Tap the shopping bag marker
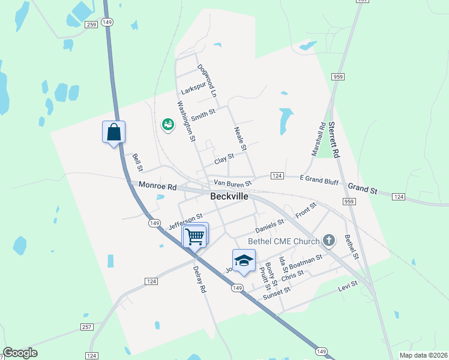click(114, 132)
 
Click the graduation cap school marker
click(243, 261)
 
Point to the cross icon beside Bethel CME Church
click(328, 241)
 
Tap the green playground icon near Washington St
click(167, 124)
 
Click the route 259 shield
click(91, 25)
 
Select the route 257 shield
click(87, 326)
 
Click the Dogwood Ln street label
click(206, 81)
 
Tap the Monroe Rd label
click(158, 187)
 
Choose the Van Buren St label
click(232, 182)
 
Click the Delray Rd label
click(199, 280)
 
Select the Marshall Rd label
click(318, 140)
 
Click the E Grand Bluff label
click(319, 179)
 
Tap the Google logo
click(20, 352)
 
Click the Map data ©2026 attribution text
click(423, 355)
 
